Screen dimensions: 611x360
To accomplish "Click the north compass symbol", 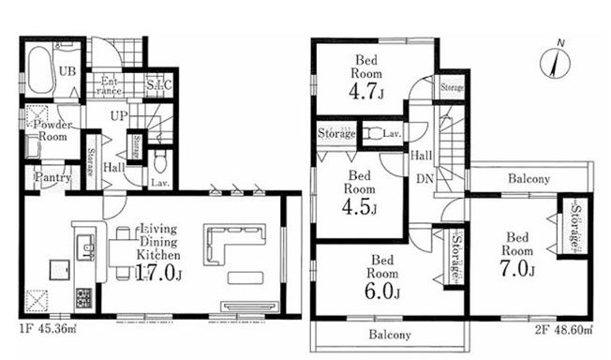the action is click(556, 62).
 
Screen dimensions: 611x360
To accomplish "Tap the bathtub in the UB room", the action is click(39, 70).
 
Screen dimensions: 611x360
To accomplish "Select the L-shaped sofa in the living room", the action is click(234, 244).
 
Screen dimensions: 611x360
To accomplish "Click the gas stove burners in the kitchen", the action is click(83, 297).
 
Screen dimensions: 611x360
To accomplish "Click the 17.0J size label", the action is click(158, 274).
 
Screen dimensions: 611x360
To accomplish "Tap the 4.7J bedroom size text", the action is click(366, 92).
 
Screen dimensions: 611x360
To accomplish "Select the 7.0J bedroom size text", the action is click(517, 269).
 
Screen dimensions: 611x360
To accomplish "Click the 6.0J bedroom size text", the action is click(382, 291).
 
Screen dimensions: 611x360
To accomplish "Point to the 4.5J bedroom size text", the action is click(359, 207).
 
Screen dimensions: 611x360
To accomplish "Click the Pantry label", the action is click(53, 178).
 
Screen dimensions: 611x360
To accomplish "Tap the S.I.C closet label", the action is click(159, 84).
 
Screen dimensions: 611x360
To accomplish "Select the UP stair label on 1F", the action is click(119, 116).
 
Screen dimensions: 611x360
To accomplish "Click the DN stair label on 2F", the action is click(425, 179).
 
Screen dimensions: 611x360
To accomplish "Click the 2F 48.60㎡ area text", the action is click(563, 330).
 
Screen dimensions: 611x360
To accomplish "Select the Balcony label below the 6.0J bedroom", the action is click(390, 335).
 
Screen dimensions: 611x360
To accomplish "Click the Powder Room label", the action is click(52, 130).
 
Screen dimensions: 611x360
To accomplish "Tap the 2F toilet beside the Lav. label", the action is click(370, 134).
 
